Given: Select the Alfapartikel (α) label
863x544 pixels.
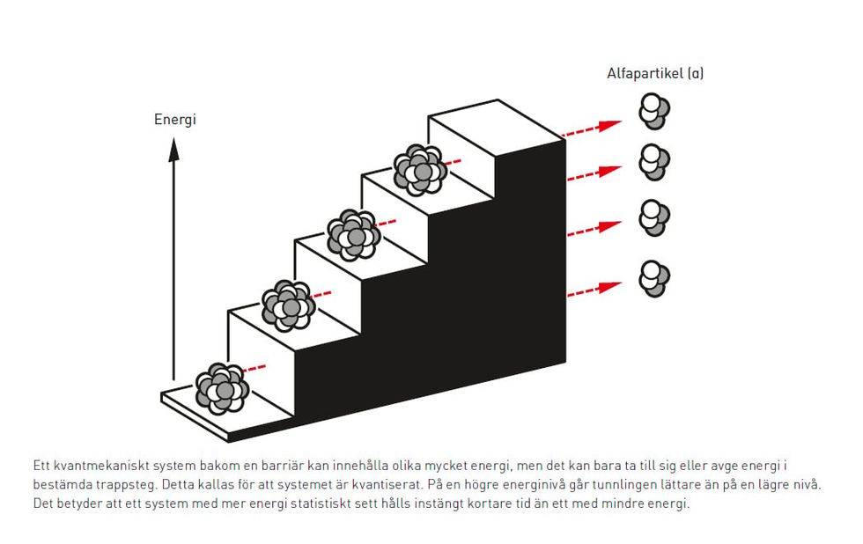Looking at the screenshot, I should tap(655, 73).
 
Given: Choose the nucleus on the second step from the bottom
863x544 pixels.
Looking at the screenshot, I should tap(288, 305).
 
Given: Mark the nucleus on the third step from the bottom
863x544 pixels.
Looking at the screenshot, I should tap(354, 235).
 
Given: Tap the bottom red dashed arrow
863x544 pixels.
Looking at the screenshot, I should tap(594, 289).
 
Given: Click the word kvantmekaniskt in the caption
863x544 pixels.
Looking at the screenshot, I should tap(97, 465).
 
